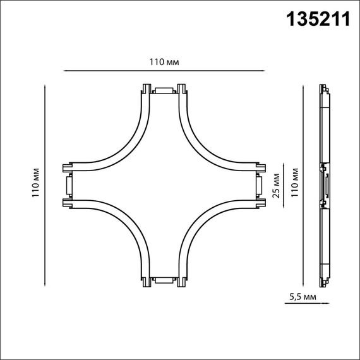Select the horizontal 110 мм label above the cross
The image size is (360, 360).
(x=165, y=62)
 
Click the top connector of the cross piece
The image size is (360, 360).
(x=164, y=90)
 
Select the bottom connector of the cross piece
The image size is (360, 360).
(x=164, y=279)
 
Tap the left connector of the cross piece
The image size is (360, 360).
(x=68, y=185)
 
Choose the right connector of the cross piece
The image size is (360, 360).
(x=260, y=185)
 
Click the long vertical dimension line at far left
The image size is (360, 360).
(x=46, y=185)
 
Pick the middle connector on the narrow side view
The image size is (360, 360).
(x=325, y=185)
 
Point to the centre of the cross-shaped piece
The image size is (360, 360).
(x=164, y=185)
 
